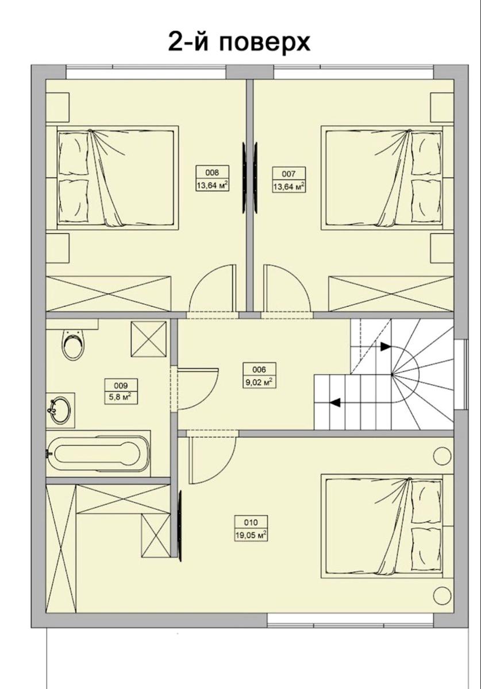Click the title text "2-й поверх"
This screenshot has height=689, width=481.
point(239,42)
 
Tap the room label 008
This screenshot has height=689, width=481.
point(212,173)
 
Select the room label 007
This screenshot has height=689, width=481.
point(288,175)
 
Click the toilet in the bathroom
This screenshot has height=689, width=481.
point(74,344)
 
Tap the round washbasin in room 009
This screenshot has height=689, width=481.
point(59,410)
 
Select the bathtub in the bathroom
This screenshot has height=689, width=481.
point(98,454)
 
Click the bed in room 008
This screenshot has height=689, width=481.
point(118,177)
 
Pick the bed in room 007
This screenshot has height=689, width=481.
point(382,177)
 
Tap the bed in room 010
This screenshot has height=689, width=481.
point(382,527)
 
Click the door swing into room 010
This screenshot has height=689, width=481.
point(213,460)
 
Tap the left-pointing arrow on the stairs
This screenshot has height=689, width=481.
point(335,402)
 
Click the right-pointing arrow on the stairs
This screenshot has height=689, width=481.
point(386,347)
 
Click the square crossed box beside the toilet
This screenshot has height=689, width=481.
point(149,339)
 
